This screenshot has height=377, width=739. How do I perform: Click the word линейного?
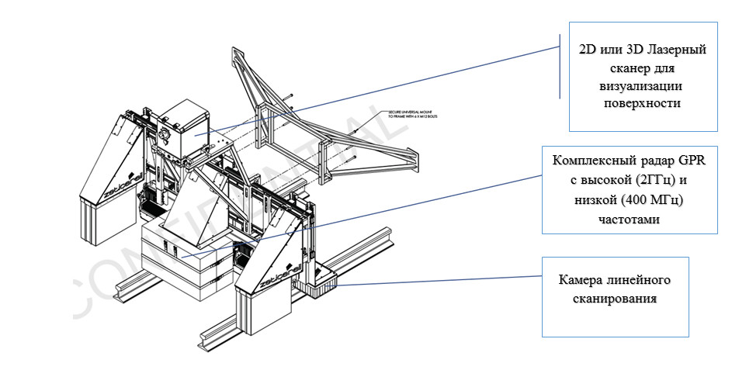pyautogui.click(x=643, y=279)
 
